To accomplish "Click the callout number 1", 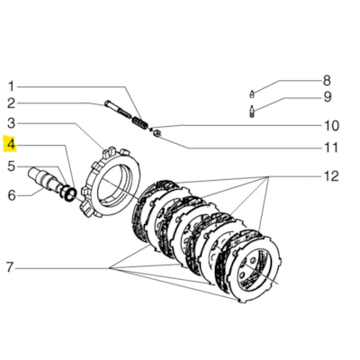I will [11, 82].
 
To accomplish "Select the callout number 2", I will [11, 103].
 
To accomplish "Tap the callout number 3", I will [11, 123].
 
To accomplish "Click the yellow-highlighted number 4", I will [11, 144].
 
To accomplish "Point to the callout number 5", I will [11, 166].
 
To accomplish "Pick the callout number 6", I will [11, 193].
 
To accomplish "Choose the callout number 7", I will [11, 267].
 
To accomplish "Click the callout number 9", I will [328, 97].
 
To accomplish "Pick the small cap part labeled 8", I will [254, 93].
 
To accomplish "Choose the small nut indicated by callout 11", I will [157, 134].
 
